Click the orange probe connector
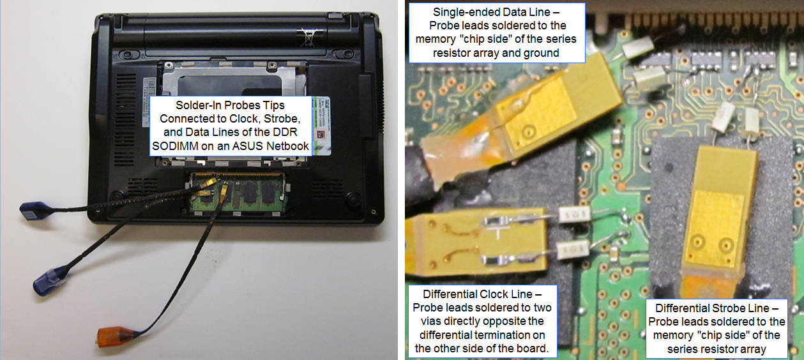[x=112, y=337]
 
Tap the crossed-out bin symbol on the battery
[x=308, y=37]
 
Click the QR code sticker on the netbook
[x=321, y=135]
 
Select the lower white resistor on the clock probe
[x=573, y=250]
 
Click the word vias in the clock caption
[x=432, y=321]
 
